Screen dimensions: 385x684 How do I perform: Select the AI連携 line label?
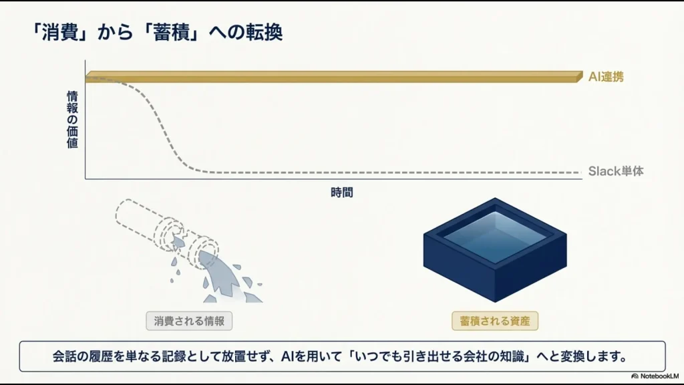click(x=606, y=77)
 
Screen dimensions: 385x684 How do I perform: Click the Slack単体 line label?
click(x=616, y=171)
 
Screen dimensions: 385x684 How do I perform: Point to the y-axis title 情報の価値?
click(x=72, y=120)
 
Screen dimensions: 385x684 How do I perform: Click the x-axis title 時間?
click(x=341, y=193)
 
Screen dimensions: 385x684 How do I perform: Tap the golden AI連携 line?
click(x=334, y=77)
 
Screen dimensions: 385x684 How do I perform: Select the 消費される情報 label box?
click(x=189, y=321)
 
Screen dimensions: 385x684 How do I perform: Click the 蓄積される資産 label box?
click(x=494, y=321)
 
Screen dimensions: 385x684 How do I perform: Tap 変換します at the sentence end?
click(x=594, y=356)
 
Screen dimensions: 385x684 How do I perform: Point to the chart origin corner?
click(x=85, y=179)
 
